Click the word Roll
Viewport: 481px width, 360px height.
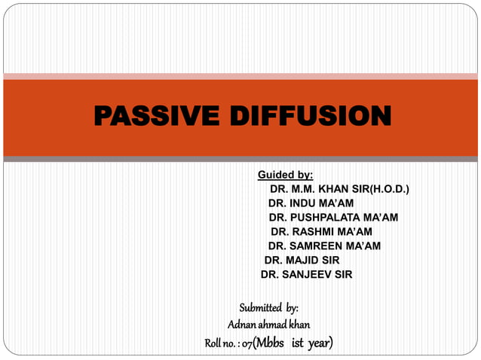coord(213,343)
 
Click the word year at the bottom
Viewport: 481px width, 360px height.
coord(319,343)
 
